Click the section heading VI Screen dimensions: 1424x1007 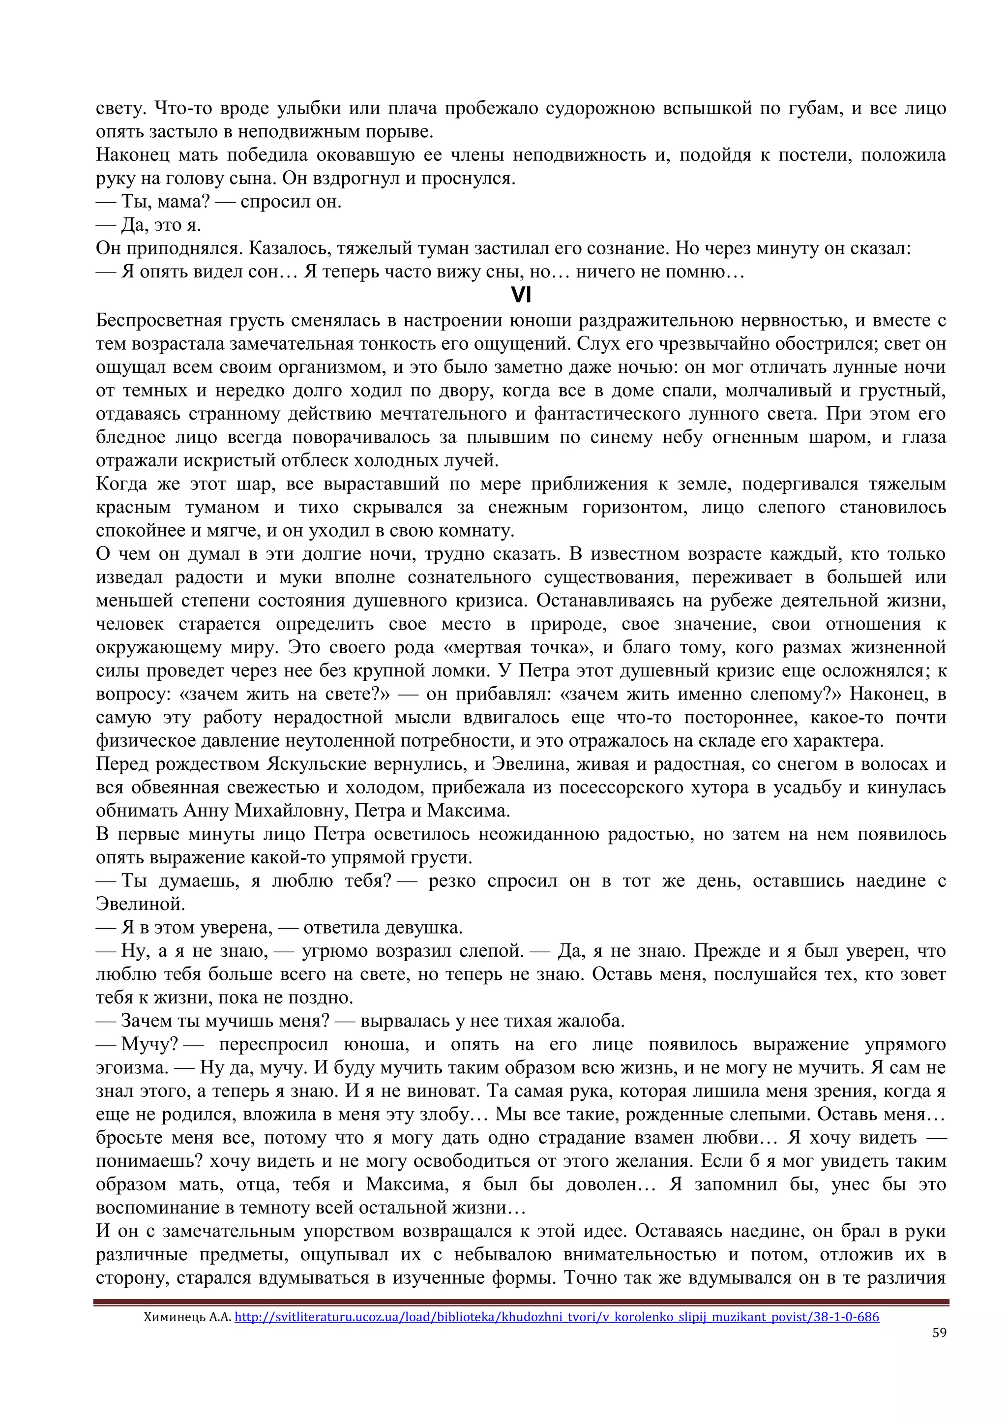(521, 295)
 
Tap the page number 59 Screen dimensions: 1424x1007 (939, 1333)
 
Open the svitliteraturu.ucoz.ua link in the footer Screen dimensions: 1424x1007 (556, 1317)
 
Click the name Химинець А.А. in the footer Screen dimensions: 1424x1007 (187, 1317)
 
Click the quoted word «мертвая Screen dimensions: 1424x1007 (483, 647)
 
